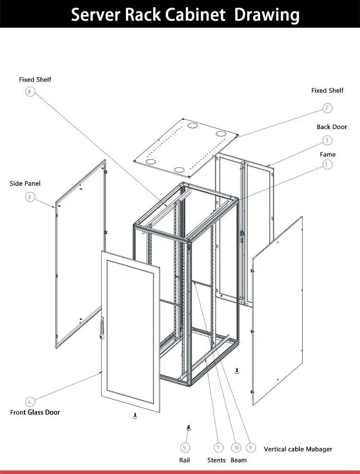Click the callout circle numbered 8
[x=31, y=92]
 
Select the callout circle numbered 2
[x=327, y=108]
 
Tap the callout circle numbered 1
[x=327, y=165]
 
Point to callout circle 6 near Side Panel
[x=31, y=197]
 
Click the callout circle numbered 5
[x=185, y=447]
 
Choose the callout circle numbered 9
[x=251, y=447]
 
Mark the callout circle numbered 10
[x=236, y=447]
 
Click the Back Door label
[x=332, y=127]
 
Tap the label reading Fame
[x=328, y=154]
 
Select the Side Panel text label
[x=25, y=183]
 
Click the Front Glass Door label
[x=35, y=412]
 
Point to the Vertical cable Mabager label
[x=298, y=449]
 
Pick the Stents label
[x=216, y=460]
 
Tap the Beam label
[x=239, y=460]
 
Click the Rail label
[x=185, y=460]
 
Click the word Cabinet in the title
[x=195, y=14]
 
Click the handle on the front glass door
[x=102, y=330]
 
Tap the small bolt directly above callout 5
[x=188, y=427]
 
